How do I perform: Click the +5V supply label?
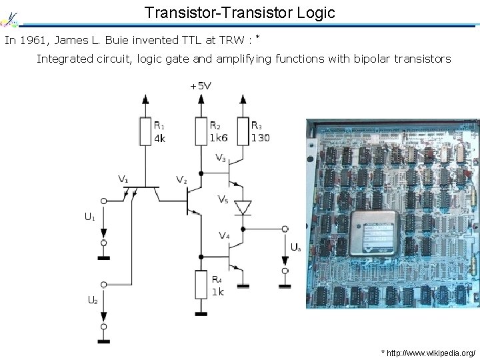201,86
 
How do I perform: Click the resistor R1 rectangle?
145,131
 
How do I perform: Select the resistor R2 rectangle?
201,131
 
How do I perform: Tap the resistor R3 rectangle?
242,131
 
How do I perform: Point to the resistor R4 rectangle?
201,285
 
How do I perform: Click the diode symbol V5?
243,207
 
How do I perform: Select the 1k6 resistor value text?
219,138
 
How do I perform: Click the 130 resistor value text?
261,138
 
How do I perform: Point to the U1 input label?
89,216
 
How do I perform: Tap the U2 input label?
93,300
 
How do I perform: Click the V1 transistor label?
123,179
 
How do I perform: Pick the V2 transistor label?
181,179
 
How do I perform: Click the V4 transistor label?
224,235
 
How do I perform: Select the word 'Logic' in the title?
312,12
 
